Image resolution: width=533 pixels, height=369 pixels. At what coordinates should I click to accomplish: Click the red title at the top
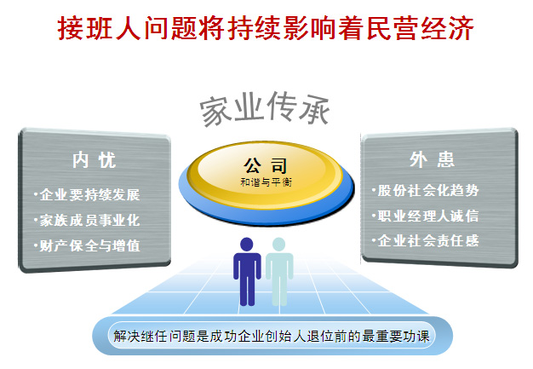point(266,29)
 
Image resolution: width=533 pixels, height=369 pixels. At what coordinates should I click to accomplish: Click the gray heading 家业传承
point(265,108)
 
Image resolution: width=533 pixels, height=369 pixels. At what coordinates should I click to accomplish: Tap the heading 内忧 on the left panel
point(95,160)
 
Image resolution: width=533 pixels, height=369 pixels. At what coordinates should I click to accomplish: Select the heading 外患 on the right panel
point(432,159)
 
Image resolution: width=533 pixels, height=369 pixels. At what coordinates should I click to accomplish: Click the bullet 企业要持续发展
point(87,195)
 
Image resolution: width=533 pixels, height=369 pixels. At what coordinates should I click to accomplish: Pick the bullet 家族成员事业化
point(87,221)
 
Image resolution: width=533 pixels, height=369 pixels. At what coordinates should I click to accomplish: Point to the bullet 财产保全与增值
point(87,245)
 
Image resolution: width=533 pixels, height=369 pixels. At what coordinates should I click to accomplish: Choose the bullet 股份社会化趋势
point(426,190)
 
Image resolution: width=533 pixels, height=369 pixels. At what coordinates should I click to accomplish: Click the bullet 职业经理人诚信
point(426,216)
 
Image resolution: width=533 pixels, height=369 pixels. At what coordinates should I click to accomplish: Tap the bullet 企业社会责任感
point(426,241)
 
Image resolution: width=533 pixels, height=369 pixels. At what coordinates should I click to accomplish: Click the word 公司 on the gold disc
point(266,165)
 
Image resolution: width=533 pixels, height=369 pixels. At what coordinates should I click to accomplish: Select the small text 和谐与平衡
point(266,182)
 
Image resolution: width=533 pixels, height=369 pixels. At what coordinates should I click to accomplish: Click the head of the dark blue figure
point(247,245)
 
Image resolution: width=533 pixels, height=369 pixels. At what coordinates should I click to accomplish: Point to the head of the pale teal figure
point(279,245)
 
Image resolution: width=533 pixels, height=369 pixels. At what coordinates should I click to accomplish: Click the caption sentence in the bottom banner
point(272,337)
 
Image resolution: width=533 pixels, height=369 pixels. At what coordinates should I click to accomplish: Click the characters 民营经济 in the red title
point(421,29)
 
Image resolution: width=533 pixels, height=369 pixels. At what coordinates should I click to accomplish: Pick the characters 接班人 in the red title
point(99,29)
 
